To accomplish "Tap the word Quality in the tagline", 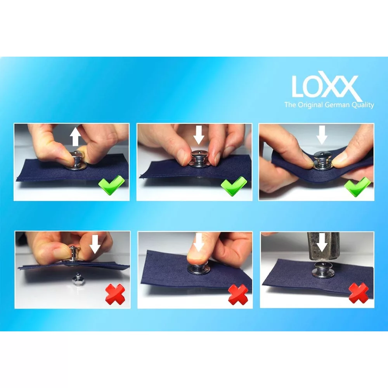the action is [x=363, y=105].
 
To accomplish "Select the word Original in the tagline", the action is [x=310, y=105].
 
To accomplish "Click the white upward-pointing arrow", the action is [x=75, y=136].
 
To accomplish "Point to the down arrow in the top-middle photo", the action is [x=198, y=135].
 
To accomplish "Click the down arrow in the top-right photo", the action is [x=322, y=135].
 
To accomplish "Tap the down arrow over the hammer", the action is [x=322, y=242].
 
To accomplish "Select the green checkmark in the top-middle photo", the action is [x=234, y=186].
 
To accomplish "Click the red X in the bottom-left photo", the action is [x=115, y=294].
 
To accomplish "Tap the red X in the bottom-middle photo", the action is [x=238, y=295].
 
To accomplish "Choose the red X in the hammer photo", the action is [x=359, y=293].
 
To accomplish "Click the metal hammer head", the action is [x=323, y=246].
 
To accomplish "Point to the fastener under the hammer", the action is [x=323, y=270].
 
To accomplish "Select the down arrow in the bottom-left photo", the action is [x=95, y=244].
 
